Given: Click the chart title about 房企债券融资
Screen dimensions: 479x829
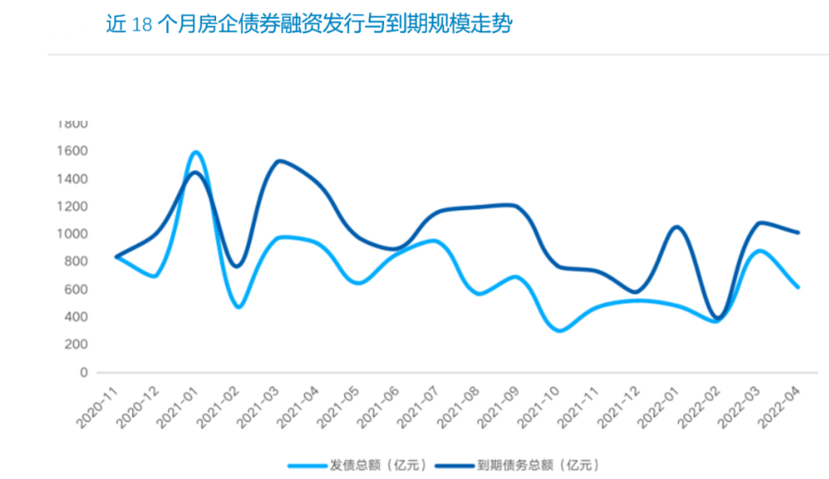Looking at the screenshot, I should pyautogui.click(x=308, y=25).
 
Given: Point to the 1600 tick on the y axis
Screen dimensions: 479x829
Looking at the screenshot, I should pyautogui.click(x=75, y=151).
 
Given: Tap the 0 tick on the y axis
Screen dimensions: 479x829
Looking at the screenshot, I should pyautogui.click(x=83, y=372).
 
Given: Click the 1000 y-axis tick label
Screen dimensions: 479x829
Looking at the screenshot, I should pyautogui.click(x=75, y=234).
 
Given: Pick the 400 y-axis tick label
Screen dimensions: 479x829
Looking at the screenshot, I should pyautogui.click(x=78, y=316).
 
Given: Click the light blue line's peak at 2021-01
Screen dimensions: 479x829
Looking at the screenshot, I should pyautogui.click(x=196, y=152).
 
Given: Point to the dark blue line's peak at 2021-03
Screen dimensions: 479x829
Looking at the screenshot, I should pyautogui.click(x=280, y=161).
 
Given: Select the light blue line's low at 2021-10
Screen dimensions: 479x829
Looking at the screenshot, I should pyautogui.click(x=560, y=331).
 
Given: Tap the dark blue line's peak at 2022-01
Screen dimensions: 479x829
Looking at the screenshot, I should pyautogui.click(x=676, y=227).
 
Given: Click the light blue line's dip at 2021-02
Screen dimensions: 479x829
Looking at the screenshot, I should pyautogui.click(x=239, y=307).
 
